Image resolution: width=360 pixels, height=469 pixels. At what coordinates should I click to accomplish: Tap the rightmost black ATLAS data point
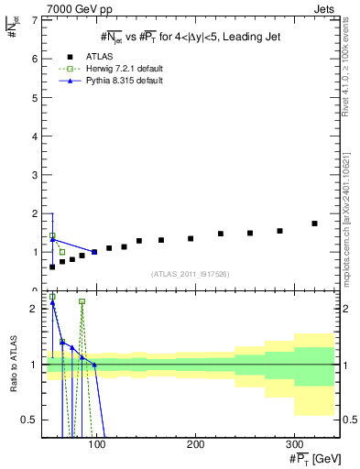314,224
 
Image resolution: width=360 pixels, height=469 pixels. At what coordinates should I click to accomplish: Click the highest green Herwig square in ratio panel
52,297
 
